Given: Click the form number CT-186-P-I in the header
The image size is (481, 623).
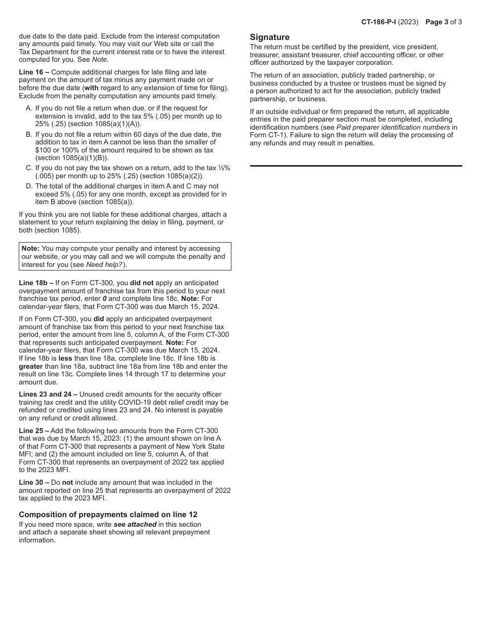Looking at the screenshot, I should point(382,22).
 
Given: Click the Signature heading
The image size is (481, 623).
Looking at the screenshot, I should point(270,37).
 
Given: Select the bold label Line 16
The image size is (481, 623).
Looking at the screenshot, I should point(34,72).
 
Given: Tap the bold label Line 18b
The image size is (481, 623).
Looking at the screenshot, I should point(36,283).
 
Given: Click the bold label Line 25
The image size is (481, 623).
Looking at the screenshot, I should point(34,431).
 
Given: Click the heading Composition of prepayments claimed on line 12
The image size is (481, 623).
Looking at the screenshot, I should point(108,515).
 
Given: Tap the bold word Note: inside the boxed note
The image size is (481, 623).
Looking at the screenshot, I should point(30,249).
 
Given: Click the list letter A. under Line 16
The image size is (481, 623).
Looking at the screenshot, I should point(29,108).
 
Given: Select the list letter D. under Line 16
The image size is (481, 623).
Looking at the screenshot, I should point(29,186).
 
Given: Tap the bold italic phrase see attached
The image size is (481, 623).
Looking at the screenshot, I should point(135,525).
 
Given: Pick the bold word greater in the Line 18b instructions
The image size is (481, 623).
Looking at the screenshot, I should point(31,367).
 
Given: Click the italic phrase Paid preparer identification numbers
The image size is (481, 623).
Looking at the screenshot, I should point(393,128).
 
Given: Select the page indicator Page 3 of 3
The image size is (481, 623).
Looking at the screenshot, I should point(444,22).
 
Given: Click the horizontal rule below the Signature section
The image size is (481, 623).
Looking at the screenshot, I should point(356,166).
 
